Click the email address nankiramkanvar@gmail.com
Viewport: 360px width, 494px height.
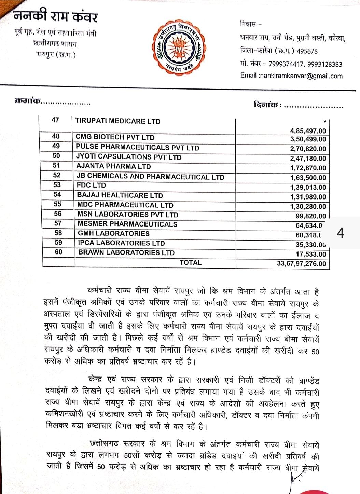[x=301, y=76]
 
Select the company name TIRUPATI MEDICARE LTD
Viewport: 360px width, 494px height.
[x=118, y=121]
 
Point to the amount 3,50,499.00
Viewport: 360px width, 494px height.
[x=308, y=139]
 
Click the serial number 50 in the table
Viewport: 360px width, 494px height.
[x=56, y=156]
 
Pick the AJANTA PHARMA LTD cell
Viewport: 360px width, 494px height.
[x=113, y=166]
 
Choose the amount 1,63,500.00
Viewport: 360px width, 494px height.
[x=308, y=178]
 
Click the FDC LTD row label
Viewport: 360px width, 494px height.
[x=91, y=185]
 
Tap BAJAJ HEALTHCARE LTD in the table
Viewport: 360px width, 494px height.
[x=120, y=195]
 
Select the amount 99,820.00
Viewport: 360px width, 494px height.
[x=311, y=216]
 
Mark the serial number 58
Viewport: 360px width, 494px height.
[x=58, y=233]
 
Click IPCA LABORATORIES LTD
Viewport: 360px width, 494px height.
[x=122, y=243]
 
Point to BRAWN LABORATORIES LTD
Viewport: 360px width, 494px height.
[x=126, y=253]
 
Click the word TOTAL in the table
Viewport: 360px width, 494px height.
[x=191, y=263]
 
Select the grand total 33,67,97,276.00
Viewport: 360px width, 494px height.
[x=302, y=264]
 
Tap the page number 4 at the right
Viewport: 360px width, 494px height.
[x=340, y=233]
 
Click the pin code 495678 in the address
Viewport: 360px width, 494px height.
[x=307, y=51]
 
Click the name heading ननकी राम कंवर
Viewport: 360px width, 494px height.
[x=56, y=16]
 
